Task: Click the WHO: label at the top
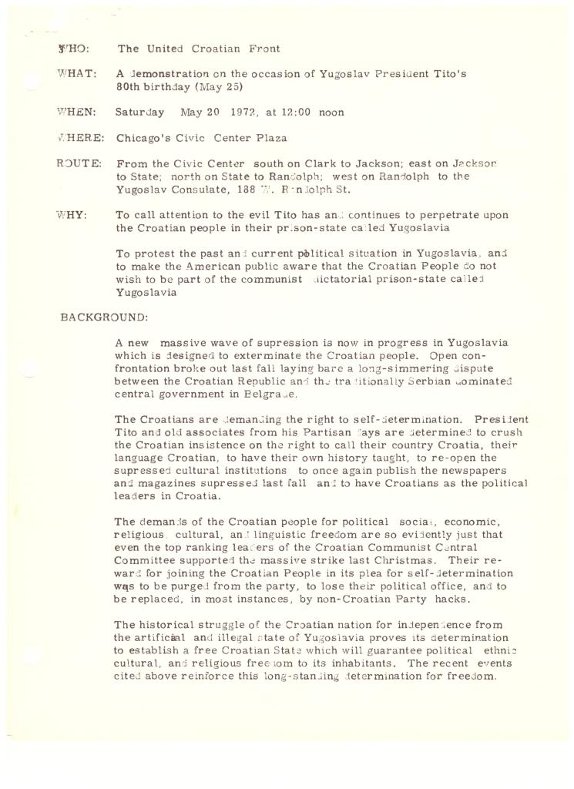coord(73,49)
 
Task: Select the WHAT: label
coord(76,73)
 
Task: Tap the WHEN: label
coord(76,112)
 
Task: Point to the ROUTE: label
coord(79,163)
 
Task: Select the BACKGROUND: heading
coord(104,317)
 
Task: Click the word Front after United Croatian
coord(264,49)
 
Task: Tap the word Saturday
coord(139,112)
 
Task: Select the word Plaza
coord(271,139)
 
